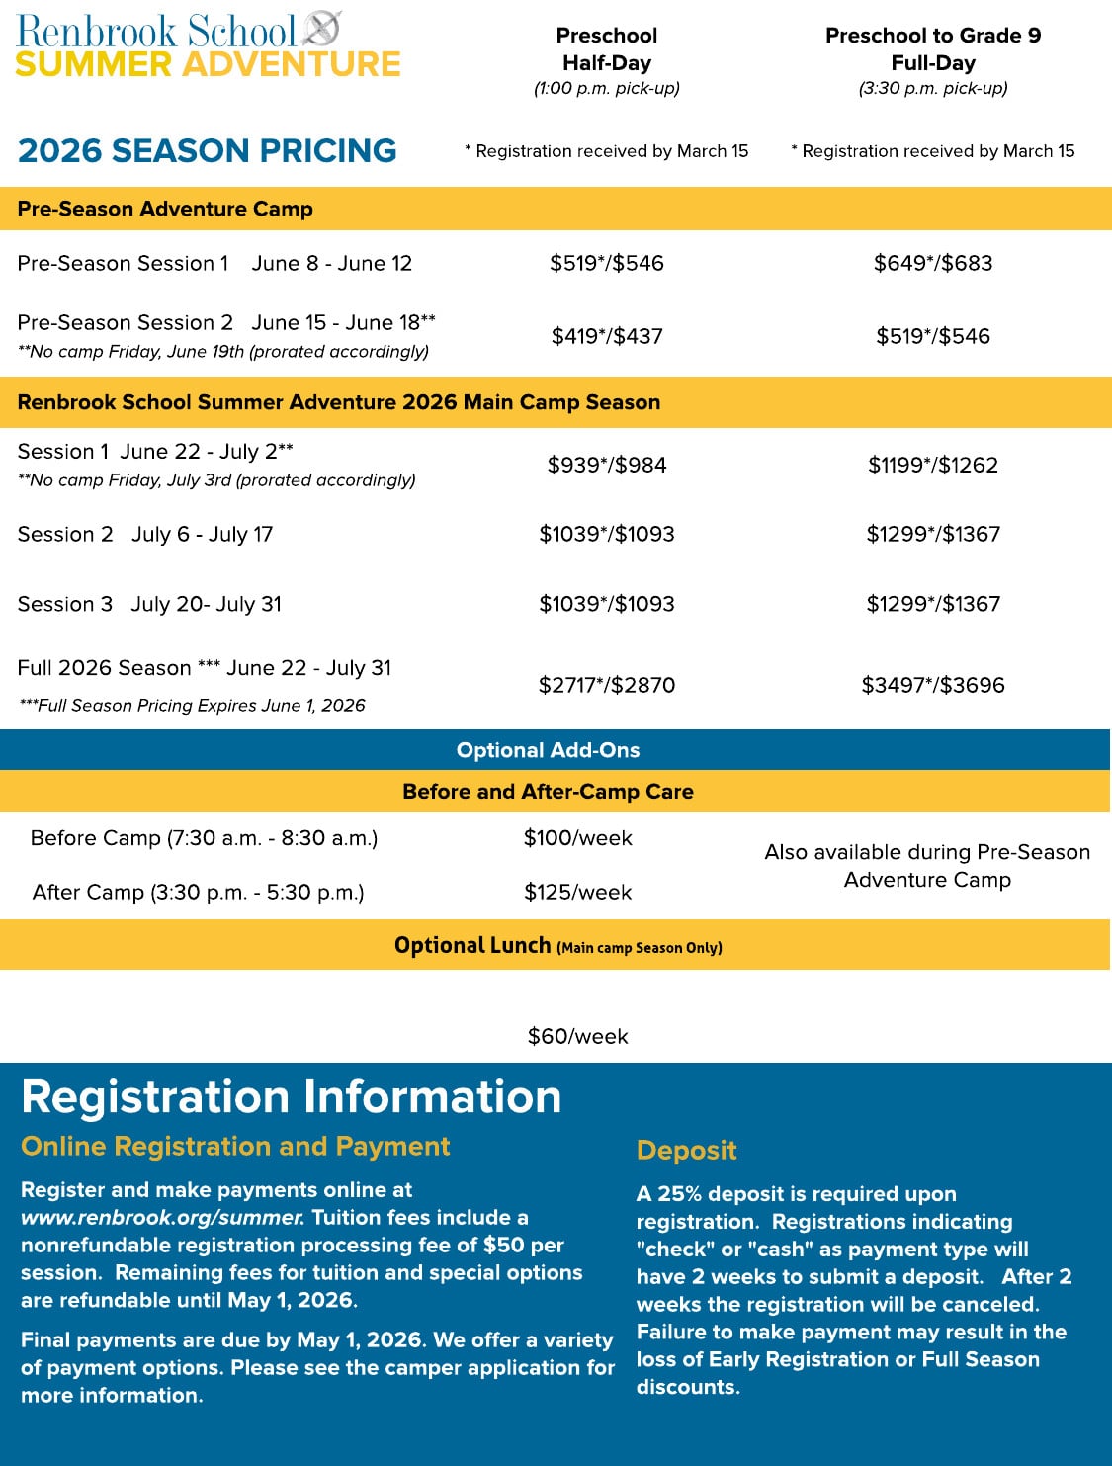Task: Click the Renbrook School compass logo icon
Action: point(322,29)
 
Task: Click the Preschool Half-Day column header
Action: point(606,49)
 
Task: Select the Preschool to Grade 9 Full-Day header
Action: point(932,49)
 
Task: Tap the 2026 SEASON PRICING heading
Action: point(208,150)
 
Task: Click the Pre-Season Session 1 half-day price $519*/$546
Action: point(607,263)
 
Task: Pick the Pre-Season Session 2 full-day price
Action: point(932,336)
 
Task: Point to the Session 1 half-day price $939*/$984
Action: point(607,465)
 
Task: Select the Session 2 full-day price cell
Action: point(933,534)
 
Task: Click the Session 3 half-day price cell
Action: point(607,604)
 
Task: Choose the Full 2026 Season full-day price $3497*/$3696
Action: point(932,685)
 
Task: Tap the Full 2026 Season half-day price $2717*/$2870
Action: point(607,685)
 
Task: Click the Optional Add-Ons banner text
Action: point(548,750)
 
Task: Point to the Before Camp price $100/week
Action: point(577,838)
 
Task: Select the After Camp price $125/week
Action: point(577,892)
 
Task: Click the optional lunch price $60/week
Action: point(577,1036)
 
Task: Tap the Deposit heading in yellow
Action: point(686,1150)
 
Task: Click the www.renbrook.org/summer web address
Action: point(162,1218)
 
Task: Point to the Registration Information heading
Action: point(292,1097)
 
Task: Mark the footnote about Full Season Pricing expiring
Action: point(192,705)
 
